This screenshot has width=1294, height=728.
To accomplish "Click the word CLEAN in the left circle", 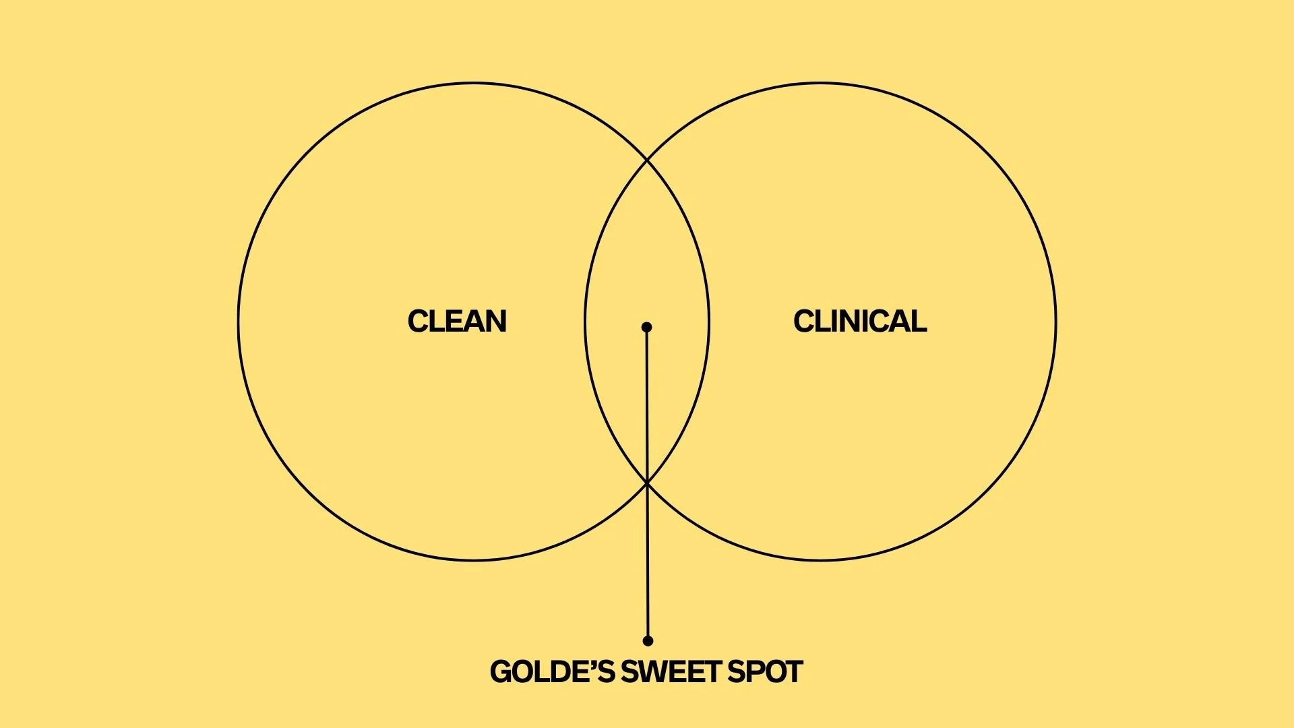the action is tap(457, 322).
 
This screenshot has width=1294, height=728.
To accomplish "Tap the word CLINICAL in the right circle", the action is tap(860, 322).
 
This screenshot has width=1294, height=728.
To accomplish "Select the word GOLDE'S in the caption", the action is tap(552, 672).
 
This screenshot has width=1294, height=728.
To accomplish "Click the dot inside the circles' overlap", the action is tap(647, 327).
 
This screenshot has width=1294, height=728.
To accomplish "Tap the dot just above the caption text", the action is tap(648, 640).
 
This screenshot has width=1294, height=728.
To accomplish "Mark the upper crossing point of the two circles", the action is tap(647, 160).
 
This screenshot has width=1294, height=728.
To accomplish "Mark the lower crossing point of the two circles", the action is tap(647, 483).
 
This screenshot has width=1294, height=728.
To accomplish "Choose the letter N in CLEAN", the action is tap(496, 322).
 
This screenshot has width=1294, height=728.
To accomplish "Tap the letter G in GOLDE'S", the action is tap(501, 672).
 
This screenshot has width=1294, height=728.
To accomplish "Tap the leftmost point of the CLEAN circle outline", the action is tap(239, 322).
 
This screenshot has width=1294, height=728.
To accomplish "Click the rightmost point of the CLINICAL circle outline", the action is tap(1055, 322).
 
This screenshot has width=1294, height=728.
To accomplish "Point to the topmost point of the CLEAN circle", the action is tap(474, 84).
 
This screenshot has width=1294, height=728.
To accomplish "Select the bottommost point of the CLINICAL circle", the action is tap(820, 559).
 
